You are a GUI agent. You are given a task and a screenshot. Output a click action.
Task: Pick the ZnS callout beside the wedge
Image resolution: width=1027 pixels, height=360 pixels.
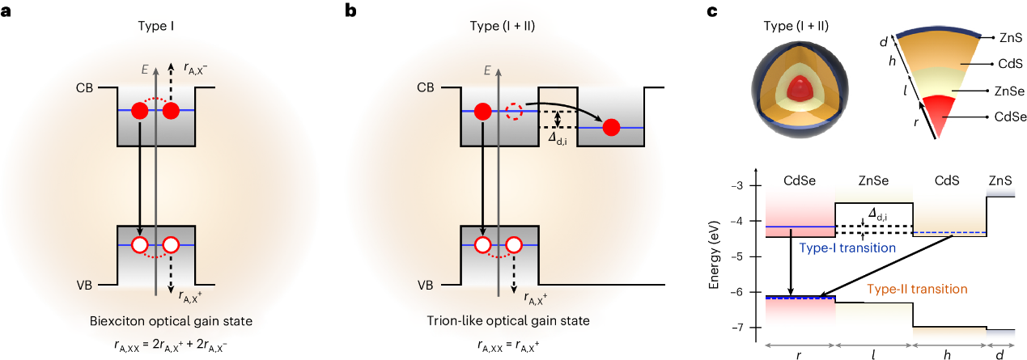(1010, 38)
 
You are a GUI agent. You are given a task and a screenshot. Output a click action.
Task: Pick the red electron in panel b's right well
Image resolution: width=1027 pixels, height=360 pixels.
(612, 127)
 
